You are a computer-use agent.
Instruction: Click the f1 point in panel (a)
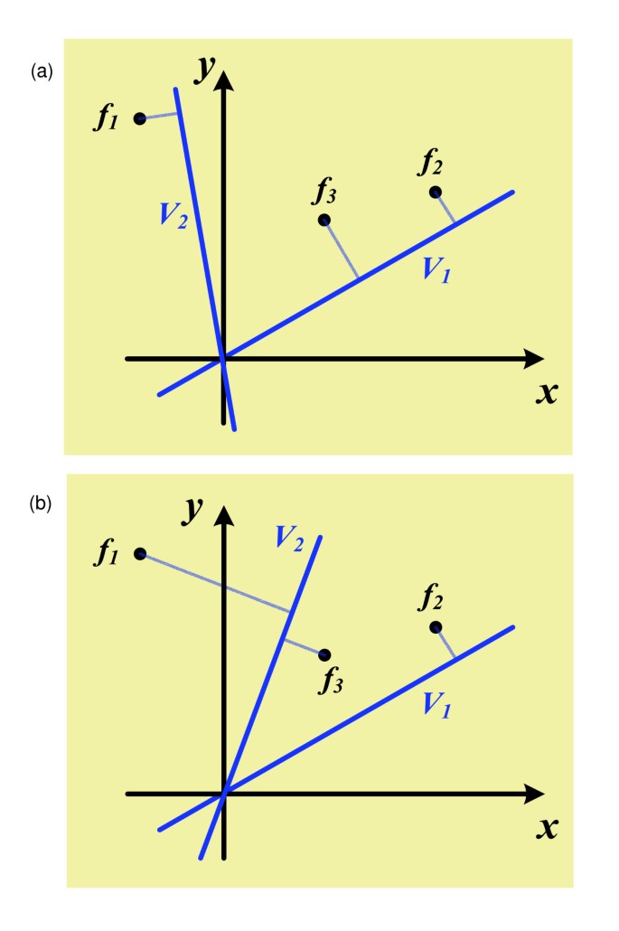[x=140, y=118]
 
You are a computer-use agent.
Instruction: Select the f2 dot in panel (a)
[x=436, y=192]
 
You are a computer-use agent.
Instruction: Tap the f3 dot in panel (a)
[x=324, y=220]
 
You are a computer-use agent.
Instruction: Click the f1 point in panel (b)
[x=140, y=553]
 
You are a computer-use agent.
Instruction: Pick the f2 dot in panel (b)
[x=436, y=627]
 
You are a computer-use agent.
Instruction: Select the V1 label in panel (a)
[x=436, y=270]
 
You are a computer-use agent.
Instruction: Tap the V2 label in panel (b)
[x=288, y=540]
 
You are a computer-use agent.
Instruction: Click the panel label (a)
[x=42, y=71]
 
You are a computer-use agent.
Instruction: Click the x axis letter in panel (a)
[x=545, y=393]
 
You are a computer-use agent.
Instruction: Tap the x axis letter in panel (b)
[x=545, y=827]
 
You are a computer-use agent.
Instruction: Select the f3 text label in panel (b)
[x=331, y=682]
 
